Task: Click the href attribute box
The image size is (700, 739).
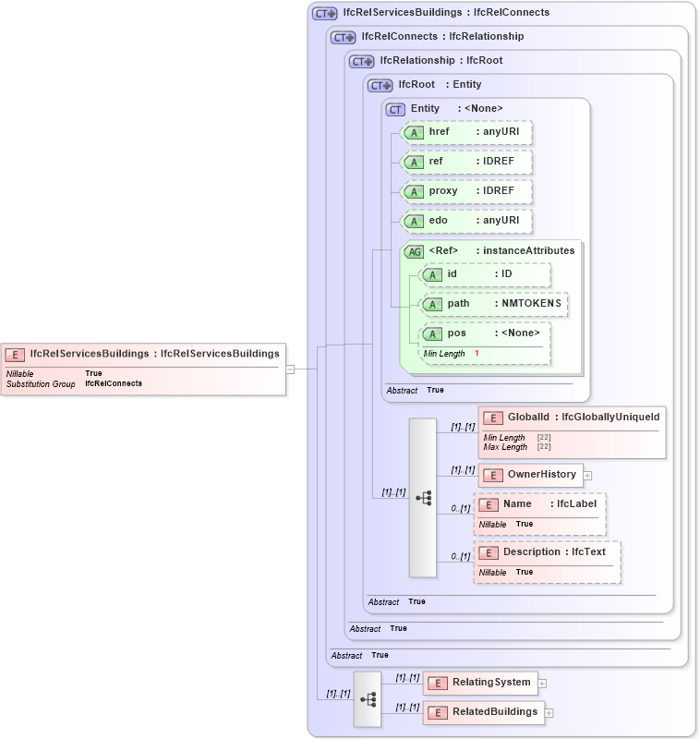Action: [x=467, y=132]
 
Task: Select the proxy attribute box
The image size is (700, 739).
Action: [x=467, y=191]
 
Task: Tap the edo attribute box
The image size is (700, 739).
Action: [x=467, y=221]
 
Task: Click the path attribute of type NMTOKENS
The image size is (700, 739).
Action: [x=494, y=304]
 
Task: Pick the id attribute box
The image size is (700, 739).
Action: [x=485, y=274]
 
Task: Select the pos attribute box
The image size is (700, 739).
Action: [x=485, y=333]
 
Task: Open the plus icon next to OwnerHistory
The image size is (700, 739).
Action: [x=587, y=476]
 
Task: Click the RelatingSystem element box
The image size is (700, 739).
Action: [x=479, y=683]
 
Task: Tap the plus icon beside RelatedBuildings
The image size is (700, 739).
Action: [x=549, y=713]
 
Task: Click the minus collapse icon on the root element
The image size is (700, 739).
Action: [x=290, y=369]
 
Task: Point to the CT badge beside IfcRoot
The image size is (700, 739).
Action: [x=380, y=85]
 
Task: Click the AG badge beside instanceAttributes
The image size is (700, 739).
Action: [x=415, y=251]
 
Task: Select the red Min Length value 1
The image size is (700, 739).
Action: [x=477, y=354]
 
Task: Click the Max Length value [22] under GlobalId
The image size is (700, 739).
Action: [x=544, y=447]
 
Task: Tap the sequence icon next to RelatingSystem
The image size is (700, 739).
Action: [x=368, y=699]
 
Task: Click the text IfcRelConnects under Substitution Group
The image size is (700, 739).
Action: [x=114, y=383]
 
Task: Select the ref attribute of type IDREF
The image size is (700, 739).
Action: [x=467, y=162]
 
